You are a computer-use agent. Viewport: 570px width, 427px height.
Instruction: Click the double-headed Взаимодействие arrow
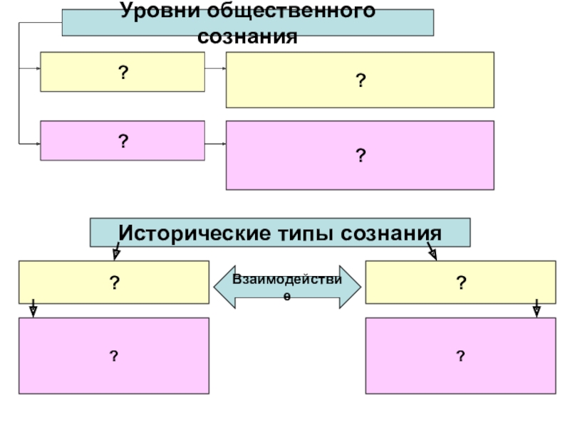287,286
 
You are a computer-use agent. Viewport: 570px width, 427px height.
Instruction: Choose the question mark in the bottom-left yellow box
113,283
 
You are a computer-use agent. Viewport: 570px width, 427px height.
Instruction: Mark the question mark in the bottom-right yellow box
461,283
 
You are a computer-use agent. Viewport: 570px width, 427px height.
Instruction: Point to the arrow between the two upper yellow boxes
215,70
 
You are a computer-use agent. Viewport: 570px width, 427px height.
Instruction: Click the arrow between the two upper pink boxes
215,144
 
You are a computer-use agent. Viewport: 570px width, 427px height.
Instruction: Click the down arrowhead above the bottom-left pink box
32,310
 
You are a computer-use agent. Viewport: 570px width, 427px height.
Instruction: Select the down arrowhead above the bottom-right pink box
537,310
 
